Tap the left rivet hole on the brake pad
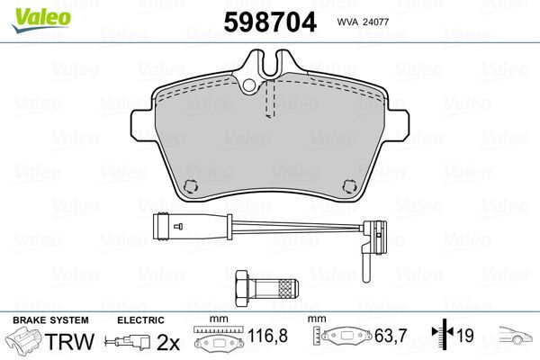click(189, 185)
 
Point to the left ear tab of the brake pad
click(142, 121)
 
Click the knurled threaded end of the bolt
click(285, 288)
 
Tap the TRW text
click(70, 342)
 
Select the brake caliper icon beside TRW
click(25, 343)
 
